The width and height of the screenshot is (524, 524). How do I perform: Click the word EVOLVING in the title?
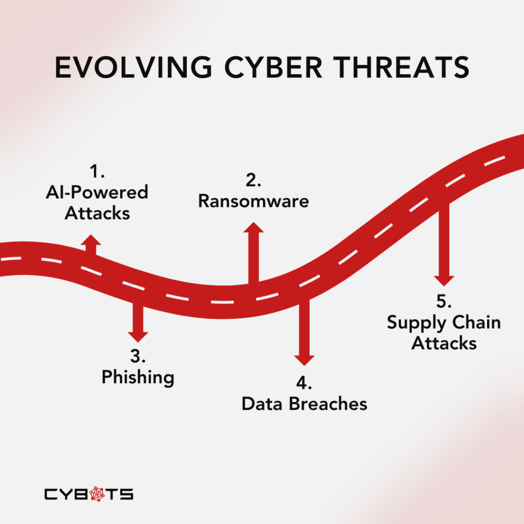pyautogui.click(x=134, y=67)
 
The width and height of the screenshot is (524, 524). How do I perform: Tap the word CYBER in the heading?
pyautogui.click(x=273, y=67)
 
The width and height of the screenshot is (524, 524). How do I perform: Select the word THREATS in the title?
pyautogui.click(x=402, y=67)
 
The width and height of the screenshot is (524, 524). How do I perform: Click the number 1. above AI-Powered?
pyautogui.click(x=97, y=171)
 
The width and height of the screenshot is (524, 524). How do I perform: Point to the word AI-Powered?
pyautogui.click(x=97, y=192)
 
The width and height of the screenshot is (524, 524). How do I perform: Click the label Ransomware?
pyautogui.click(x=254, y=201)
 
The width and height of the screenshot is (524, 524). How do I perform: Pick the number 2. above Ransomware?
pyautogui.click(x=254, y=180)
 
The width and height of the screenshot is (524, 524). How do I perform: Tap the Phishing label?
pyautogui.click(x=138, y=378)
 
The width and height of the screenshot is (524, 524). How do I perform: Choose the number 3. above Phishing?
pyautogui.click(x=138, y=356)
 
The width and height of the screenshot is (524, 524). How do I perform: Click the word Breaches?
pyautogui.click(x=328, y=404)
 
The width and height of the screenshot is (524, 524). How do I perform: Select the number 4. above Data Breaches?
pyautogui.click(x=304, y=383)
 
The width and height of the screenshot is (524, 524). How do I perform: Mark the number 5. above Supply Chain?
pyautogui.click(x=444, y=301)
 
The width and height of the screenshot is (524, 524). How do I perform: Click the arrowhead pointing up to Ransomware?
pyautogui.click(x=254, y=227)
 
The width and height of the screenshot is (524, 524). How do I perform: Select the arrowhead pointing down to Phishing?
pyautogui.click(x=138, y=337)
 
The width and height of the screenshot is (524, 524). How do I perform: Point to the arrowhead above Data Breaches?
pyautogui.click(x=304, y=361)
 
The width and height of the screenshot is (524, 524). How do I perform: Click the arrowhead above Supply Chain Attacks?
pyautogui.click(x=444, y=281)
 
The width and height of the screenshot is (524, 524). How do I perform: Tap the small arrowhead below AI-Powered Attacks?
pyautogui.click(x=91, y=240)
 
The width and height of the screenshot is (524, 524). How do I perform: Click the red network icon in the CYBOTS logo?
pyautogui.click(x=97, y=494)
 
